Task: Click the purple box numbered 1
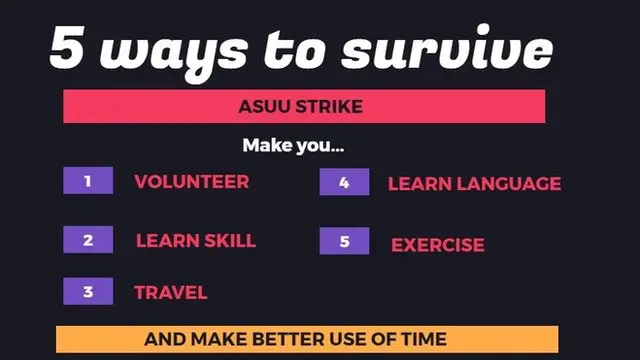88,181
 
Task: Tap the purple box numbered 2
88,240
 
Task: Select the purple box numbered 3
88,292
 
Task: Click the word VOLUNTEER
192,182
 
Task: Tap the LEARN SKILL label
196,240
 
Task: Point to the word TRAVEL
171,292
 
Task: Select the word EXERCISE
437,245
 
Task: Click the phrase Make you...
293,146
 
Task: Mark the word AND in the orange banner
162,339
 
